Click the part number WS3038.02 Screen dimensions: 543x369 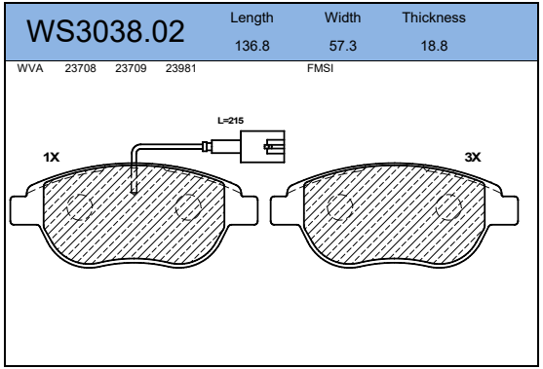105,31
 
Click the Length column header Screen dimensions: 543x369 252,18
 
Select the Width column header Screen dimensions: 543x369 342,18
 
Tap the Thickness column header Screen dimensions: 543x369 434,18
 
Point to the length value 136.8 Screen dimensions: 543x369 252,46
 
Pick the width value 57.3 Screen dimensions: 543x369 342,46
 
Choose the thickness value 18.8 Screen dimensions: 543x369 434,46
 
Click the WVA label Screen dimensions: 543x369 30,68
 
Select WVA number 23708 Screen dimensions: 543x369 80,68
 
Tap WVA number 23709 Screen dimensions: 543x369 131,68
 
